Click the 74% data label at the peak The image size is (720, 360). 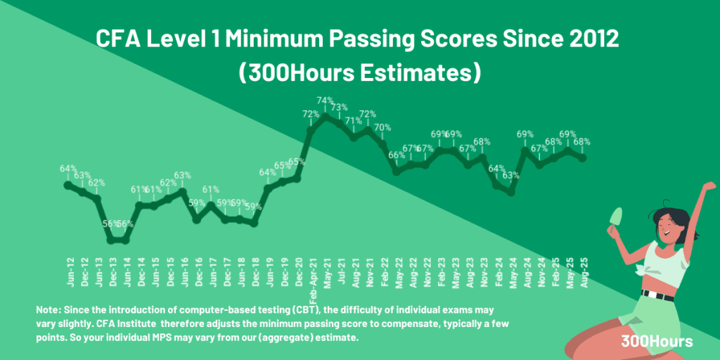click(325, 101)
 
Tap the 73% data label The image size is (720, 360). click(340, 107)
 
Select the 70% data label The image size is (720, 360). click(382, 127)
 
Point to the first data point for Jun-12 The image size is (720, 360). click(68, 185)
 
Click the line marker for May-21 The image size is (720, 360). click(325, 116)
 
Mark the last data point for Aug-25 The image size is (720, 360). click(583, 157)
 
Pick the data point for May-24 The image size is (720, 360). click(511, 192)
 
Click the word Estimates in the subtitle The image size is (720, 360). click(425, 72)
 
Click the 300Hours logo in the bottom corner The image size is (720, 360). click(657, 342)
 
